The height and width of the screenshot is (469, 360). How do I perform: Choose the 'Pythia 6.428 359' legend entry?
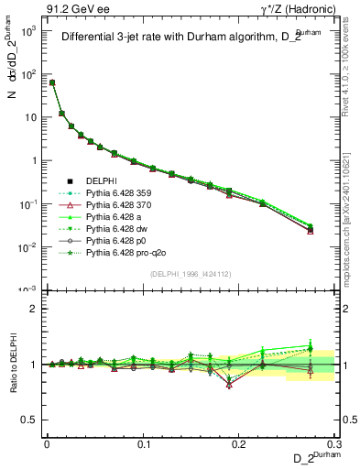pos(120,193)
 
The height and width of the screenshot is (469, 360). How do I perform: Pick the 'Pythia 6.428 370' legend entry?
pos(120,205)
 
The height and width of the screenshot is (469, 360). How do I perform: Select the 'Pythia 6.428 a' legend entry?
pos(115,217)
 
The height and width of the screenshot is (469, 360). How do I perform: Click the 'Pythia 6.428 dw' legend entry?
pos(117,229)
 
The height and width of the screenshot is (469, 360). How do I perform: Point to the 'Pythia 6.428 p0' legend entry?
pos(116,241)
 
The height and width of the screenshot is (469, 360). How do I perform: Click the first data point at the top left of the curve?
pos(52,82)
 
